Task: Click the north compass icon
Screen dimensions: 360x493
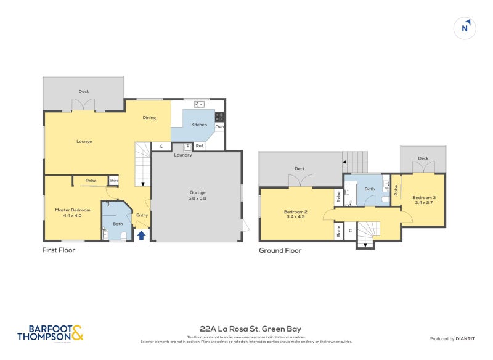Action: tap(466, 27)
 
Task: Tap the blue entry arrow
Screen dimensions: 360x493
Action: tap(141, 235)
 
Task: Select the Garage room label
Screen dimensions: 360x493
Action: tap(197, 195)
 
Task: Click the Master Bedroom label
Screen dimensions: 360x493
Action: tap(72, 213)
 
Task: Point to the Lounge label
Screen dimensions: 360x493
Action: tap(84, 141)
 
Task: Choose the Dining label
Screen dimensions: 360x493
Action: tap(149, 117)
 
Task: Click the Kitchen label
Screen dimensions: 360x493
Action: tap(199, 125)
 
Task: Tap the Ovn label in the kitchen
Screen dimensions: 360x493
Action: tap(219, 126)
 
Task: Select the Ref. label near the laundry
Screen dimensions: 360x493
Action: tap(200, 147)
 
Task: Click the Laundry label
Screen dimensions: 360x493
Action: tap(183, 155)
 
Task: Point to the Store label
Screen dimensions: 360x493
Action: tap(113, 181)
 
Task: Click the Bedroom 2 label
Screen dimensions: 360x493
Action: tap(296, 214)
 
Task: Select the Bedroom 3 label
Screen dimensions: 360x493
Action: tap(425, 199)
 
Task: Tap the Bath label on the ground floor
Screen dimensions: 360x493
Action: tap(370, 189)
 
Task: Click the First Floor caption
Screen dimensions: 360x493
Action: tap(59, 250)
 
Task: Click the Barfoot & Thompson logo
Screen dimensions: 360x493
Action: tap(49, 333)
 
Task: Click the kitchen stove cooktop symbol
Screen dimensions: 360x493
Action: tap(219, 115)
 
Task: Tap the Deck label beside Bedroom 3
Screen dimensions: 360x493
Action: tap(423, 158)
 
